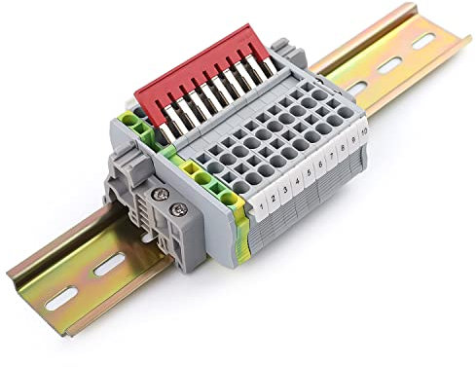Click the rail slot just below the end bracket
pyautogui.click(x=112, y=261)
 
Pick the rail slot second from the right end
pyautogui.click(x=390, y=65)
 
